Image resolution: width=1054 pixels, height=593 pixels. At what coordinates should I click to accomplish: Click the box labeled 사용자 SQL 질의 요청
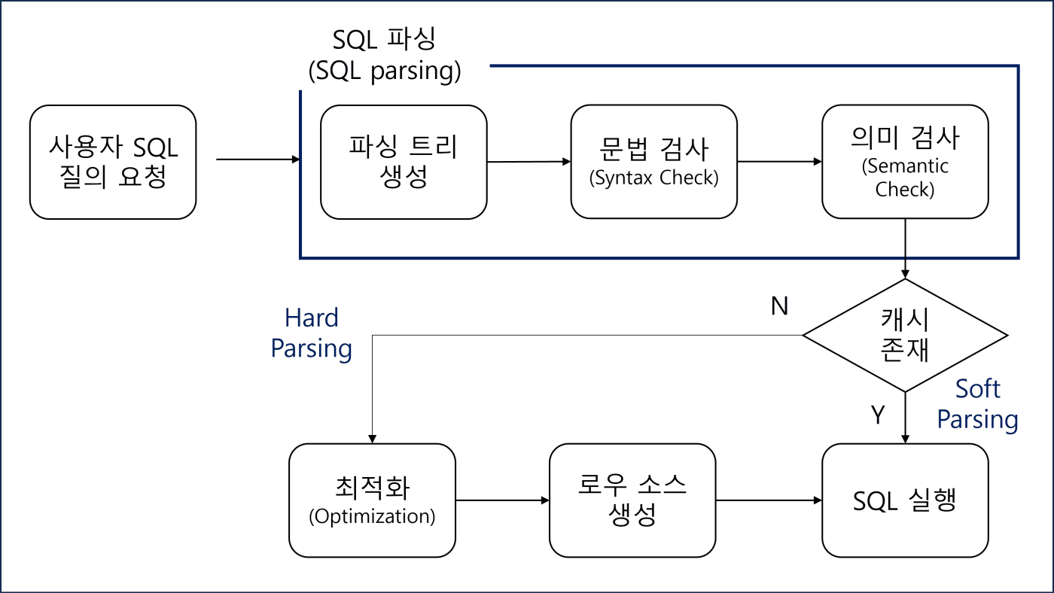(113, 162)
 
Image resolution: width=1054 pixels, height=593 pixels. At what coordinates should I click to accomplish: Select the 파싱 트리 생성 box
(404, 162)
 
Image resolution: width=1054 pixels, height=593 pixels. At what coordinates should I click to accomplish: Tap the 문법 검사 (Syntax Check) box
(653, 162)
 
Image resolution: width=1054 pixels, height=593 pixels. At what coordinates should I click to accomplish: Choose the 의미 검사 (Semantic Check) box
(904, 162)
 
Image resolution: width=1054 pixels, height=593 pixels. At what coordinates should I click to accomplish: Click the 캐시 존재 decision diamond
(904, 336)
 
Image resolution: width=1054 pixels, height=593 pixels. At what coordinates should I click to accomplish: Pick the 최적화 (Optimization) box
(373, 500)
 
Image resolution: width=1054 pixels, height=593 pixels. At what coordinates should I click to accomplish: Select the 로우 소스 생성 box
(632, 500)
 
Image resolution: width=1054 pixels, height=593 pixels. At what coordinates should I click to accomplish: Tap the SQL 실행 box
(904, 500)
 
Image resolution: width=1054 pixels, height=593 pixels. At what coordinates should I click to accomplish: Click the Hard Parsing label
(312, 333)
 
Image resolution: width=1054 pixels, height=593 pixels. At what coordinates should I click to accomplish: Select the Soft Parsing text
(977, 405)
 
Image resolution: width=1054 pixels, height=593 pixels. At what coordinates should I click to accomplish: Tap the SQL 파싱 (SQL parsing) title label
(385, 55)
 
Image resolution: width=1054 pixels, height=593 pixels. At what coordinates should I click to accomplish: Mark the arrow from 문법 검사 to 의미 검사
(780, 161)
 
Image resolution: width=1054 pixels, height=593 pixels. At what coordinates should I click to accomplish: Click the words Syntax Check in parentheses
(653, 179)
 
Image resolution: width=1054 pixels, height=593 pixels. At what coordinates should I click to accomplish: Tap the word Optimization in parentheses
(373, 517)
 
